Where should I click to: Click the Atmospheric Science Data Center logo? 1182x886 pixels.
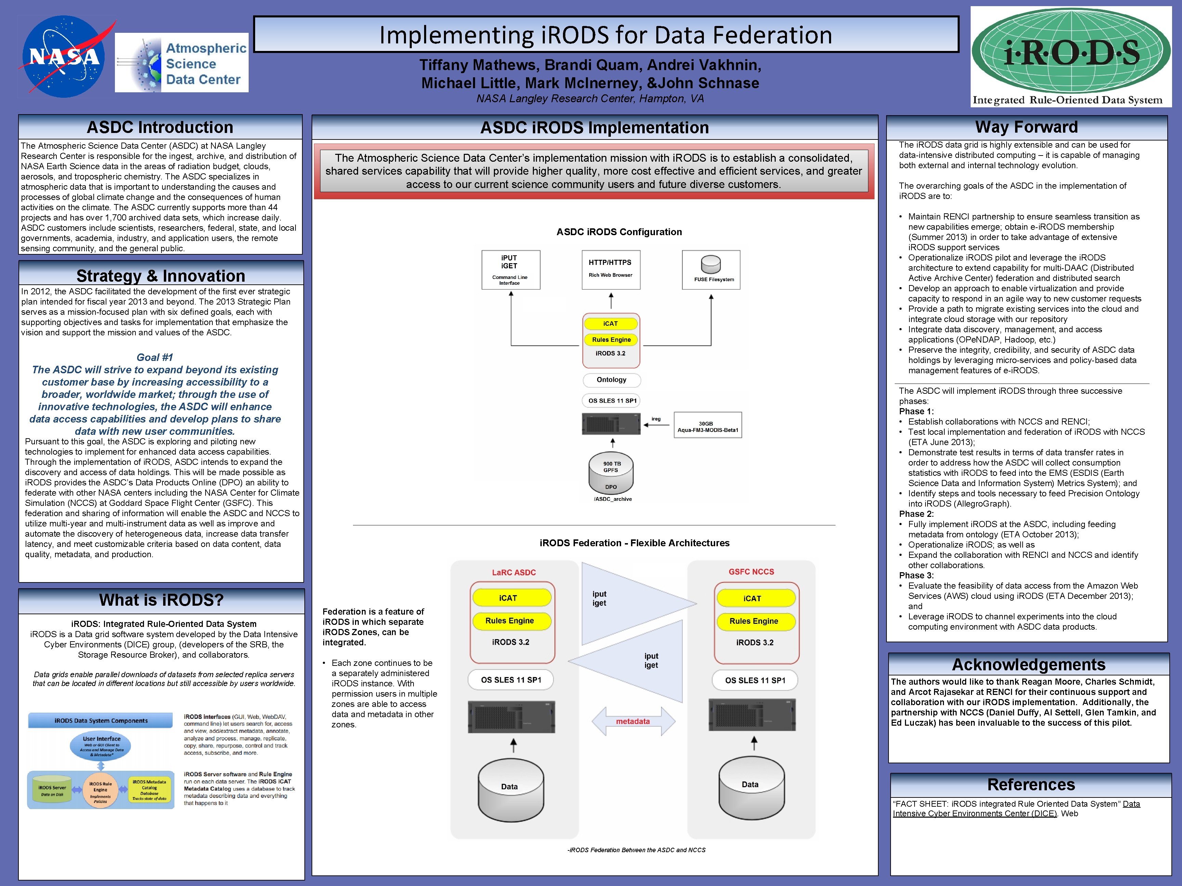pyautogui.click(x=182, y=63)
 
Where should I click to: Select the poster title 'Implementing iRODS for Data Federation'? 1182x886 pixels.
pyautogui.click(x=605, y=35)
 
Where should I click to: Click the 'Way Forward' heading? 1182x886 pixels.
pyautogui.click(x=1026, y=127)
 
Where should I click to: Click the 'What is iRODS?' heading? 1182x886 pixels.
pyautogui.click(x=161, y=600)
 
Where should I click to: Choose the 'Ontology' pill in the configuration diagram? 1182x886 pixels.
pyautogui.click(x=611, y=380)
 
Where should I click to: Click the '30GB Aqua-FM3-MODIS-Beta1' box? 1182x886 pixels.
pyautogui.click(x=708, y=425)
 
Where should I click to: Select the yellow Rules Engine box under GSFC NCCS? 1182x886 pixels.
pyautogui.click(x=754, y=621)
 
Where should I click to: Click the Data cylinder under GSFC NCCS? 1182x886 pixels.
pyautogui.click(x=751, y=788)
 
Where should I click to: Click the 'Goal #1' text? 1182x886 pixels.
pyautogui.click(x=155, y=357)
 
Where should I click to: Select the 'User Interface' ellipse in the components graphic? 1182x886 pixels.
pyautogui.click(x=101, y=746)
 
